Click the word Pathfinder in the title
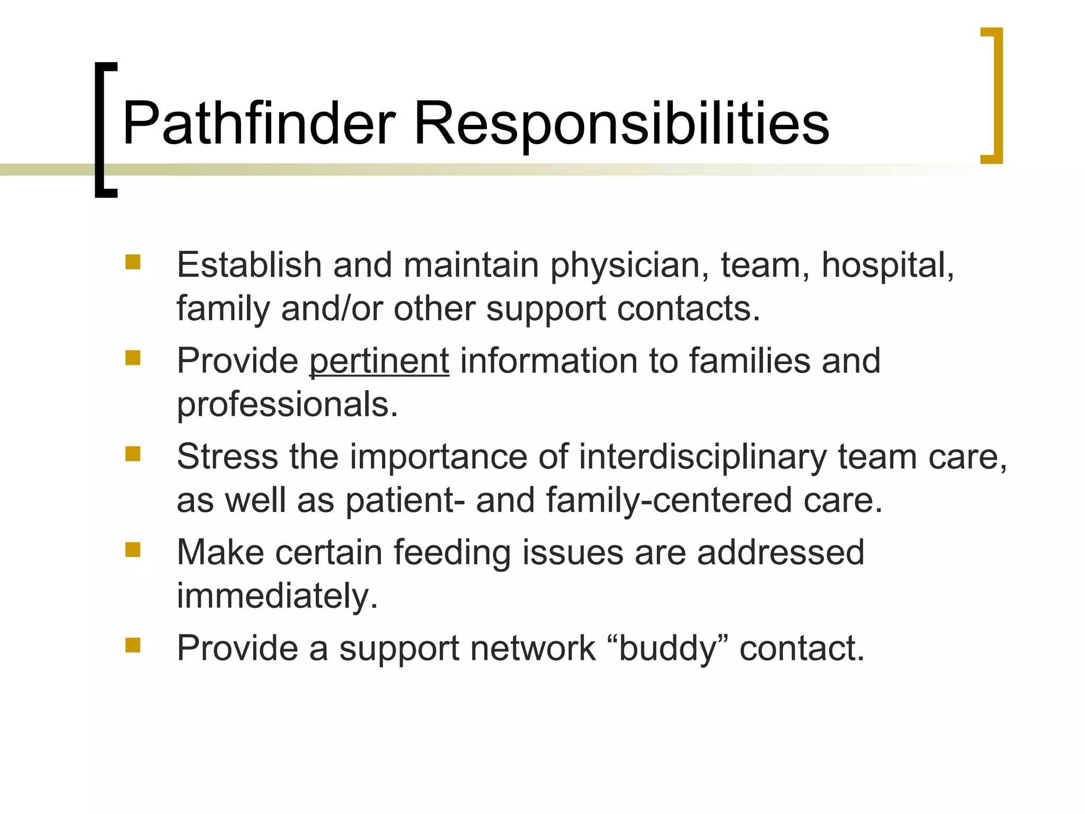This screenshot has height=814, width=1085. point(259,123)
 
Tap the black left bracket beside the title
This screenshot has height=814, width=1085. point(101,130)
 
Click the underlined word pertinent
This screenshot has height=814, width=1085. point(379,361)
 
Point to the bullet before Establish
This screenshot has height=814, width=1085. point(132,262)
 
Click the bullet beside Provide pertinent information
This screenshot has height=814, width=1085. point(132,358)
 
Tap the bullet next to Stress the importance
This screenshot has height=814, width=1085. point(132,454)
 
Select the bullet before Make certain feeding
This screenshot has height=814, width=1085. point(132,550)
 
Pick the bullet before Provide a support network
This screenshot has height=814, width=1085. point(132,645)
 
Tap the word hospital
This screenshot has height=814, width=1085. point(887,264)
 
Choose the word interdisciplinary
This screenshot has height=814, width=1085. point(702,457)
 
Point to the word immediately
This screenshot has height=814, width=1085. point(277,596)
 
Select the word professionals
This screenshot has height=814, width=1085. point(287,405)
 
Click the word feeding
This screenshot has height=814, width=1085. point(452,553)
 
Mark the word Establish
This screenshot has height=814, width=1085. point(249,264)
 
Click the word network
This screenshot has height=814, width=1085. point(532,648)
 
